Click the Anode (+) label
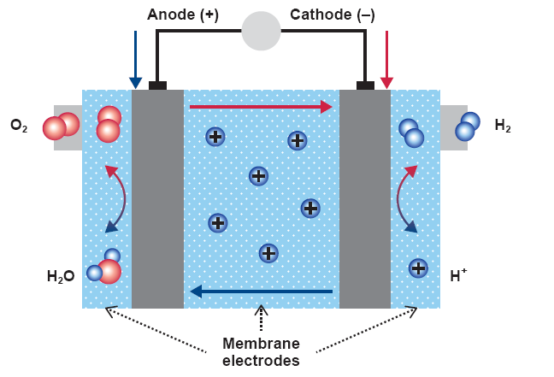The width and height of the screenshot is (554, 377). click(183, 15)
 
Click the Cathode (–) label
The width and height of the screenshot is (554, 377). click(332, 15)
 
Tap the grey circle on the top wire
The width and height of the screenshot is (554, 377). click(261, 31)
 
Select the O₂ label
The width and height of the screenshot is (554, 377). click(20, 127)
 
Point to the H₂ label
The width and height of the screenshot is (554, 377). click(503, 126)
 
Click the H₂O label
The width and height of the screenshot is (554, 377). click(61, 276)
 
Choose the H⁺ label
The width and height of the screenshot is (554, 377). click(458, 275)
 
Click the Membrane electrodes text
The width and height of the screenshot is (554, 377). click(261, 351)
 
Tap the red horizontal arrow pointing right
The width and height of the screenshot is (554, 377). click(261, 107)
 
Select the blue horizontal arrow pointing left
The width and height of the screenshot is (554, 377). click(261, 292)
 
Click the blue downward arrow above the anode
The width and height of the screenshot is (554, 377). click(135, 60)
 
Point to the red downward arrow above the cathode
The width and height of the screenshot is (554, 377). click(386, 60)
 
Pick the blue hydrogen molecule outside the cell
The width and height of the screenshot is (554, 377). click(468, 127)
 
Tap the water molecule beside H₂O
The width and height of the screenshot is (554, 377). click(103, 268)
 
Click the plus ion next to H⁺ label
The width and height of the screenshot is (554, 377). click(418, 268)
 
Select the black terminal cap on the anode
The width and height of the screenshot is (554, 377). click(157, 85)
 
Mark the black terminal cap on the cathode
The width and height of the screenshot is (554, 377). click(365, 85)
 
